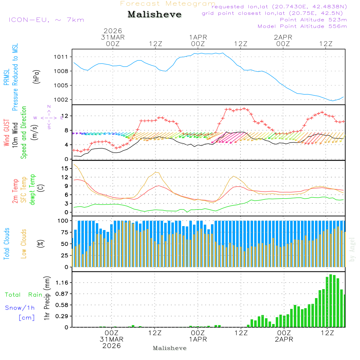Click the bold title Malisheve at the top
[x=154, y=14]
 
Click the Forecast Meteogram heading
[x=168, y=4]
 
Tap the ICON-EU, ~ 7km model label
[x=46, y=20]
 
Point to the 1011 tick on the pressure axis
[x=63, y=57]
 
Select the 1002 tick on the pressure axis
[x=63, y=100]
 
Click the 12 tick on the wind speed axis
[x=66, y=116]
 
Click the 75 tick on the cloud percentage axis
[x=65, y=232]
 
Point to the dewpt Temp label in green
[x=32, y=190]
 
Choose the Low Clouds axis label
[x=24, y=243]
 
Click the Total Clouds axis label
[x=7, y=243]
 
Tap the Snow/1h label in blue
[x=20, y=308]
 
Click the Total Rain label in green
[x=23, y=294]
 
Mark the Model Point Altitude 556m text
[x=302, y=26]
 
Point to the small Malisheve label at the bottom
[x=170, y=348]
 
